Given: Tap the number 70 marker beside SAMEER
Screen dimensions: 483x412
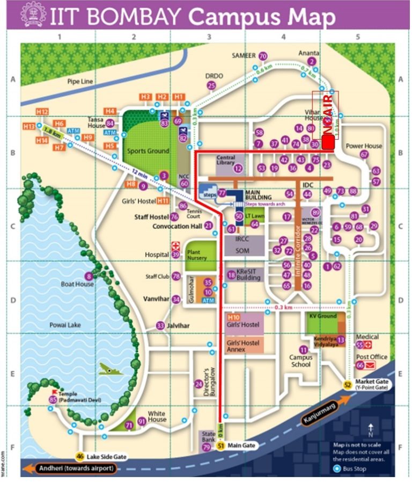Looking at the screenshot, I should point(262,56).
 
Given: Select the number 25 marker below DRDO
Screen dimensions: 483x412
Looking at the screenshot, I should point(211,85).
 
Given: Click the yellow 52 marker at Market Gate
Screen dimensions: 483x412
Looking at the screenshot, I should point(348,385).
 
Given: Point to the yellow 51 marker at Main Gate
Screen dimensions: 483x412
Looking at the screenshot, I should point(220,445).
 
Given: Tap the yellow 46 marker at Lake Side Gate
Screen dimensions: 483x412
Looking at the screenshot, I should point(80,456).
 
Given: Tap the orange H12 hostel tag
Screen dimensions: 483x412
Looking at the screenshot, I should point(42,111).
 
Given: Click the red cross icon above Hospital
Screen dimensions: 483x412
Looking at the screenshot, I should point(175,245).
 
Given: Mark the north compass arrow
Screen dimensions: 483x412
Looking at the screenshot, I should point(371,429).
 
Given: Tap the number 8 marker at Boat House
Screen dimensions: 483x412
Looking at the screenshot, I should point(89,276).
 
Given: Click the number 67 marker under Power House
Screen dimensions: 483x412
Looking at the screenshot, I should point(364,154).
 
